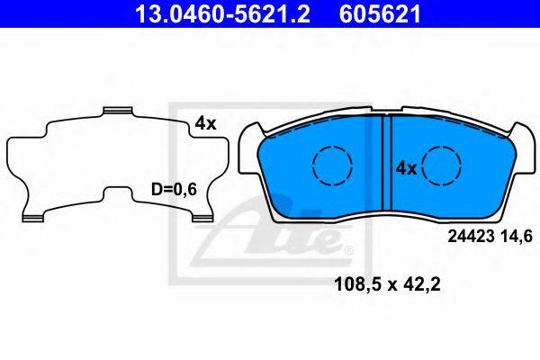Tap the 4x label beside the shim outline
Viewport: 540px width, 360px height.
coord(206,124)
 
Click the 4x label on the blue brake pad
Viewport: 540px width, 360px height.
coord(406,168)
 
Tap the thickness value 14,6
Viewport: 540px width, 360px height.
coord(520,237)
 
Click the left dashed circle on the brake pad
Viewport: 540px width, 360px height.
coord(331,165)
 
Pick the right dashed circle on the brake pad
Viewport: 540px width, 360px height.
coord(443,165)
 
